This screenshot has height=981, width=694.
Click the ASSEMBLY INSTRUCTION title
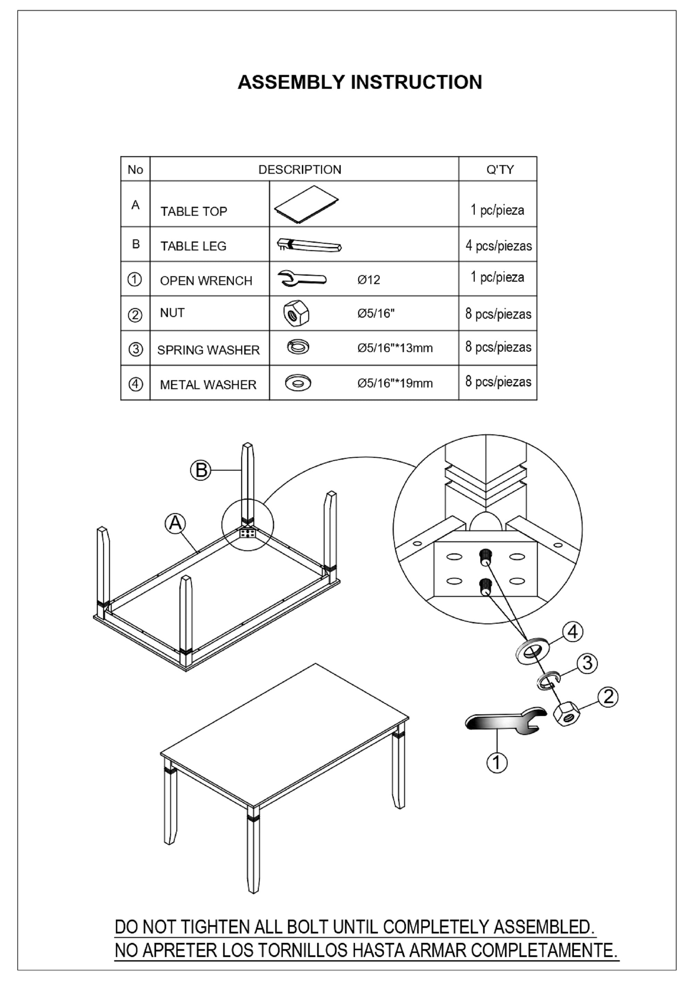tap(360, 82)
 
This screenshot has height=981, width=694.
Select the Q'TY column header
tap(500, 170)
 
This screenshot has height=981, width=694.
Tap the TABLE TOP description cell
tap(194, 211)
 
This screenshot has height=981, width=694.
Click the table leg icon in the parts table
tap(309, 245)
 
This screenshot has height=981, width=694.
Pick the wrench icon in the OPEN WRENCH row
tap(302, 279)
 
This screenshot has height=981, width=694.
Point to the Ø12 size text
tap(369, 280)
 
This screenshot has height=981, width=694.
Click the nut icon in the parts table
tap(296, 314)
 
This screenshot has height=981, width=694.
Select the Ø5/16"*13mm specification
tap(395, 348)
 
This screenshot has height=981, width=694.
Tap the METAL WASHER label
tap(208, 385)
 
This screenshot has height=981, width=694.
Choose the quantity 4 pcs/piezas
tap(499, 246)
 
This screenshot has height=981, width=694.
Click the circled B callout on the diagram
tap(201, 470)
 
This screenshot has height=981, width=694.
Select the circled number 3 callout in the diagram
tap(587, 663)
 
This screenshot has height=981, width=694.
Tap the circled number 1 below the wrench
tap(497, 762)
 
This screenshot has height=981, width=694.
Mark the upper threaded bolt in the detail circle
tap(486, 557)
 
